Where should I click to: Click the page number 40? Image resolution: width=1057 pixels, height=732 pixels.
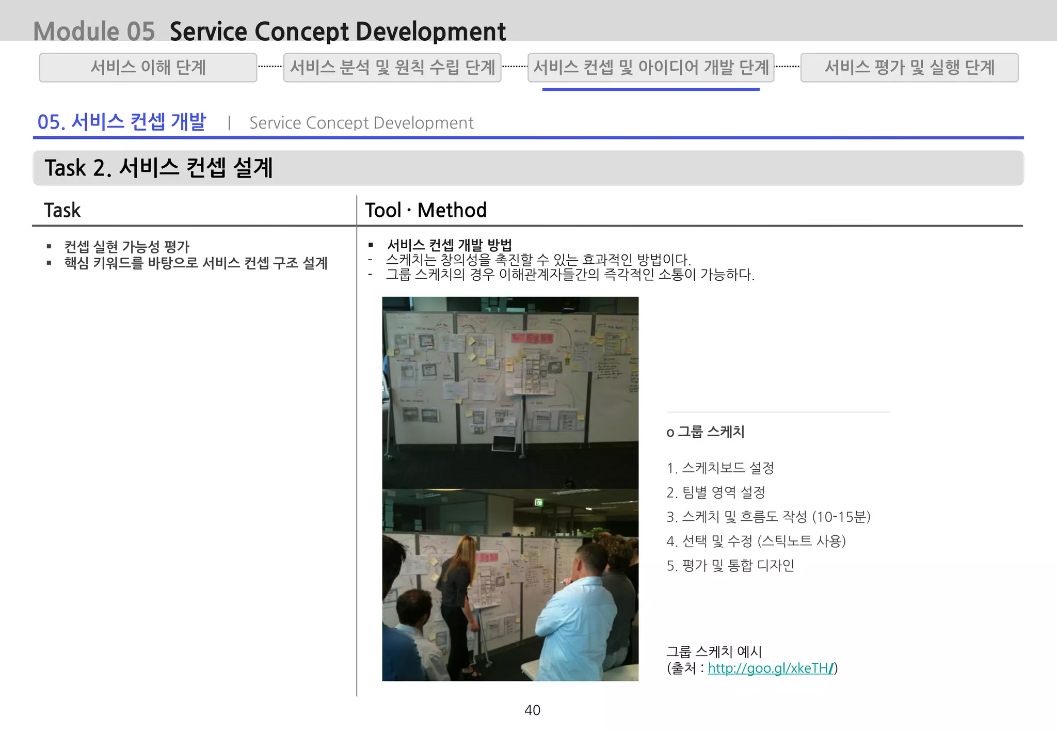(x=532, y=710)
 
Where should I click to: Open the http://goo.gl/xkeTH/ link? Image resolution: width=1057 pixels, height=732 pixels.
(x=770, y=668)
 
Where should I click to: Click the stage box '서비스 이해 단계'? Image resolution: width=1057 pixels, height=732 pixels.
(x=148, y=68)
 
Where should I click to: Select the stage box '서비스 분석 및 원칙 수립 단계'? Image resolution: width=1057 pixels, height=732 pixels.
(x=392, y=68)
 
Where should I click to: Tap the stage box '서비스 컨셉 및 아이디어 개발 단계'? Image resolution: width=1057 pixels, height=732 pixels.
(x=651, y=68)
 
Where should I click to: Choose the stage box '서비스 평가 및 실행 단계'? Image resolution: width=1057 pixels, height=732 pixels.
(x=909, y=68)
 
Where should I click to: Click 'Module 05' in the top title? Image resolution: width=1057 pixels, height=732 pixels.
(x=94, y=31)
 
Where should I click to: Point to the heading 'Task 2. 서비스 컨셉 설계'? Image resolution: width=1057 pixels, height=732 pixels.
(x=158, y=168)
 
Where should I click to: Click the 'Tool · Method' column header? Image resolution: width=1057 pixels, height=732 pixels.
(x=426, y=210)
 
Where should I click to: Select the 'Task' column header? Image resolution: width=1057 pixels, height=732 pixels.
(x=62, y=210)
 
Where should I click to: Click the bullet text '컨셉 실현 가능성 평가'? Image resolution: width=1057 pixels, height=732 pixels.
(x=127, y=247)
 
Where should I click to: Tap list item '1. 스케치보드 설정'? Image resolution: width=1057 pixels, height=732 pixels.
(x=720, y=468)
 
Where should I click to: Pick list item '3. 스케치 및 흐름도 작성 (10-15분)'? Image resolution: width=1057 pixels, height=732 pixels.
(x=768, y=517)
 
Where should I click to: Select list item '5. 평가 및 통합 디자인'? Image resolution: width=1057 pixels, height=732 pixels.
(x=730, y=566)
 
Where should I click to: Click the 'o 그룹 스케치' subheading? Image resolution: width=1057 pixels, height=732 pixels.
(x=706, y=432)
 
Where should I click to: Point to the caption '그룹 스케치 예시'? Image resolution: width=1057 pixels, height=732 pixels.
(x=714, y=651)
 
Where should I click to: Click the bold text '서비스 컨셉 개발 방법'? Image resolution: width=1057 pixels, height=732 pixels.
(x=449, y=245)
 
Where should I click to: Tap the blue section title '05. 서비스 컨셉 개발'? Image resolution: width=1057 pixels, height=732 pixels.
(x=122, y=122)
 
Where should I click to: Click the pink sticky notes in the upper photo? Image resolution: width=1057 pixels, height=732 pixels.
(x=532, y=339)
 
